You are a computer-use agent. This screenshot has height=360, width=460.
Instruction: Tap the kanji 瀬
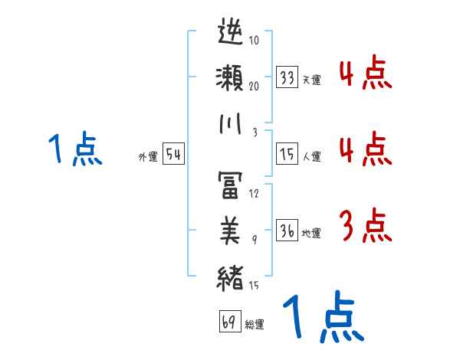[x=231, y=80]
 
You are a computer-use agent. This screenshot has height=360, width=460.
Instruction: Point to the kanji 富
[x=231, y=184]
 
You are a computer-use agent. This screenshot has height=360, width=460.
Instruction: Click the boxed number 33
[x=287, y=78]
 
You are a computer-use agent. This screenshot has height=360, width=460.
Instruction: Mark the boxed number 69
[x=229, y=322]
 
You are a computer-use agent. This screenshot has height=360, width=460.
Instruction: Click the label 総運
[x=254, y=325]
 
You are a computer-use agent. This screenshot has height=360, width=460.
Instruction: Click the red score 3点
[x=365, y=227]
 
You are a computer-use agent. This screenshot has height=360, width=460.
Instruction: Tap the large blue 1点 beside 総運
[x=322, y=318]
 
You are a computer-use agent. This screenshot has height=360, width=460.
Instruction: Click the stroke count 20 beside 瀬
[x=254, y=86]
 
